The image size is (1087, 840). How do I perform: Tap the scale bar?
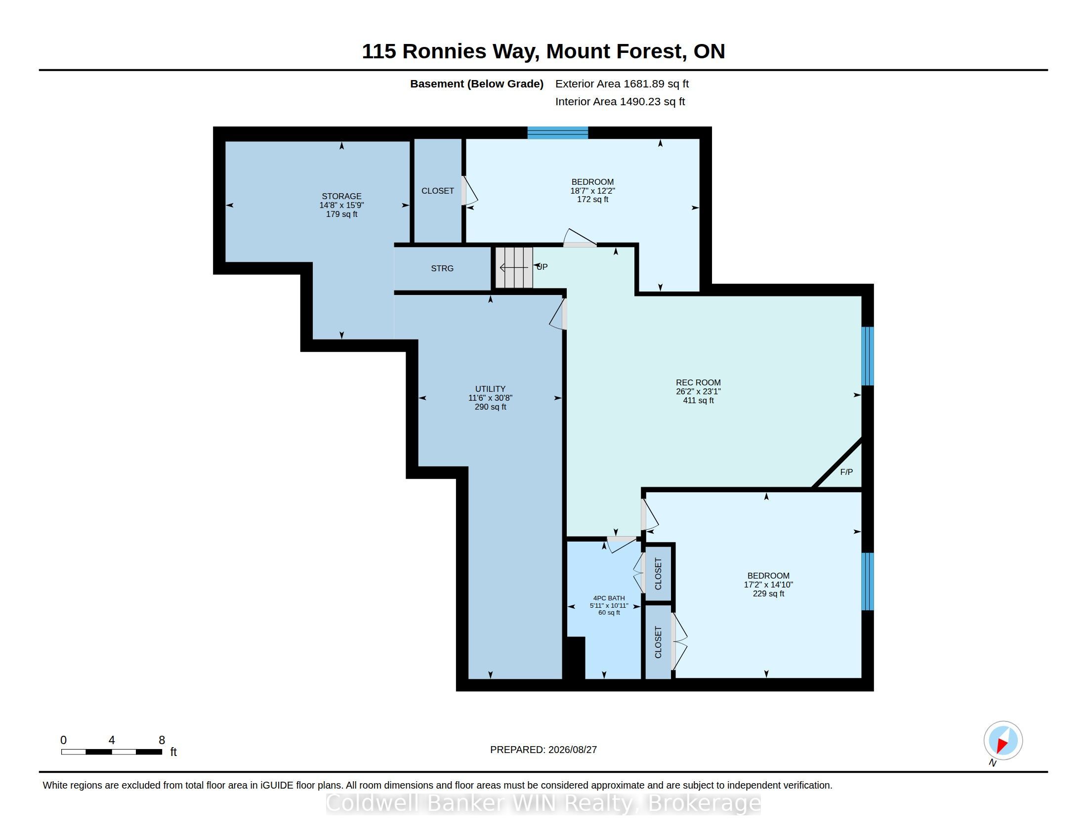click(112, 752)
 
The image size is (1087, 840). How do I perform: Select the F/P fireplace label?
click(846, 472)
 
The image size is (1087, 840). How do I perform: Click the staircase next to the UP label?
click(514, 268)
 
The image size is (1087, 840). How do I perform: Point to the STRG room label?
click(442, 268)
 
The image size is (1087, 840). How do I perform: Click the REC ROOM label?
click(698, 382)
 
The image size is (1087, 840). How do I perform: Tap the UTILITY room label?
click(490, 389)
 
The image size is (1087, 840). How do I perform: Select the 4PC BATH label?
click(609, 598)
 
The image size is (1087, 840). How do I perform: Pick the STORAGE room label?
click(341, 196)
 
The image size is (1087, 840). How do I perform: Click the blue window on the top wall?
click(558, 132)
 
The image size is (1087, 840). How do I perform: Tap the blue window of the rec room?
click(868, 356)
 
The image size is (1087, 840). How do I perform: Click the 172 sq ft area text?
click(592, 200)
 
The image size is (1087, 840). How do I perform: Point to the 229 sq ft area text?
click(768, 593)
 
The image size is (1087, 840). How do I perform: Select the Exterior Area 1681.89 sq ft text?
click(622, 84)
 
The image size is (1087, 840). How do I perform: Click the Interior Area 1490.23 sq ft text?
click(620, 101)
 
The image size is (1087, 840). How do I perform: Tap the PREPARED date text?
click(543, 750)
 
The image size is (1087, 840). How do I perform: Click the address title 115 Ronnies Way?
click(450, 52)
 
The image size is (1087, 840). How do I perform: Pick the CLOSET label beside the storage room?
click(437, 191)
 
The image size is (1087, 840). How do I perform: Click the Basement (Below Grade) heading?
click(476, 84)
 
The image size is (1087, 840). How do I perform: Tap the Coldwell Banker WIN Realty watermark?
click(543, 803)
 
